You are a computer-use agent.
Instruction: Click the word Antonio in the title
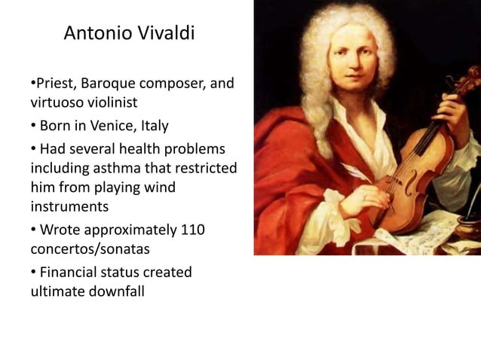coord(93,33)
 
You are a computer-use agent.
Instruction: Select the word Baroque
coord(110,83)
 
